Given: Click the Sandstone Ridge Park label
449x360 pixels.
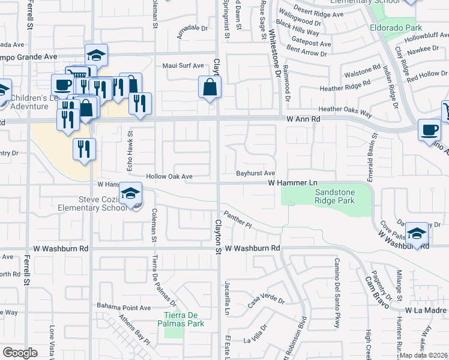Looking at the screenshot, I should [334, 196].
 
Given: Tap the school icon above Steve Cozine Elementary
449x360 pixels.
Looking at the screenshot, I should [130, 194].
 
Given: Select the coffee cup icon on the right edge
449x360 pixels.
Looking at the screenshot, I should [430, 131].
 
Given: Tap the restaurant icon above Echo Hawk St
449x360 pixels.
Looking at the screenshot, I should [140, 103].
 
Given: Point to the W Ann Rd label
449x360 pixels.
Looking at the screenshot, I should [303, 119].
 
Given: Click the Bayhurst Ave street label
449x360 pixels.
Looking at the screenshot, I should [256, 173].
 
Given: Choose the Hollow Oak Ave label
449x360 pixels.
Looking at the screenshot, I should [170, 177].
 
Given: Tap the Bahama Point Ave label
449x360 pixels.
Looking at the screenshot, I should [124, 307].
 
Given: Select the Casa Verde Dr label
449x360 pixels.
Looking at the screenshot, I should [265, 302].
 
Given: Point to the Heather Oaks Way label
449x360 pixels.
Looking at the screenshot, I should [345, 109].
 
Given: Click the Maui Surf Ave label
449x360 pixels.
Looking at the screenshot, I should [183, 65].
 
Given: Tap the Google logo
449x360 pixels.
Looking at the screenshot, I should [20, 353].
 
